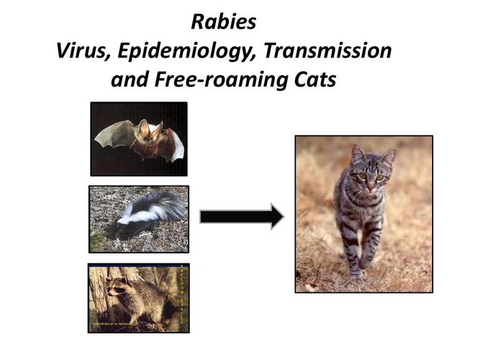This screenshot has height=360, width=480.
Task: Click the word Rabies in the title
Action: pyautogui.click(x=223, y=22)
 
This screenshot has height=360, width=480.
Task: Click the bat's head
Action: pyautogui.click(x=148, y=132)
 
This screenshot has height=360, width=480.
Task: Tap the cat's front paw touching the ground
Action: pyautogui.click(x=356, y=271)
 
